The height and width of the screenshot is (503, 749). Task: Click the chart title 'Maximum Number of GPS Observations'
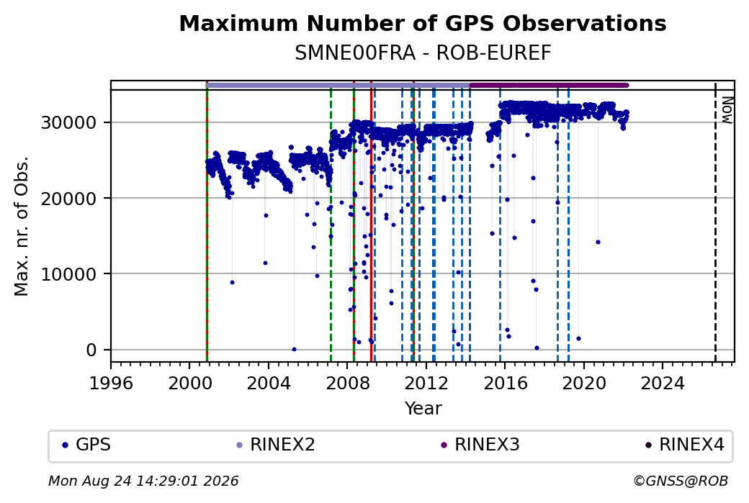click(x=423, y=23)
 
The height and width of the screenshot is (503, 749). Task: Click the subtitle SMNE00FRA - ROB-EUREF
click(x=423, y=53)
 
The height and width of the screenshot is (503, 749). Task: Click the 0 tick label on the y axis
click(x=91, y=350)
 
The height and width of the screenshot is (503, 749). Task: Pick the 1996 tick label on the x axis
click(x=111, y=384)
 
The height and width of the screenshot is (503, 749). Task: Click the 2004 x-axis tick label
click(x=269, y=384)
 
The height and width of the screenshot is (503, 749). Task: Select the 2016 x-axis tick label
click(x=506, y=384)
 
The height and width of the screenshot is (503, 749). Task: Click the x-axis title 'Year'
click(x=423, y=409)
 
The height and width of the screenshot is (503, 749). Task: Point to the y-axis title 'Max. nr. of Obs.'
click(x=22, y=226)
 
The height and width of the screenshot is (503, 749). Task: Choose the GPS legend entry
click(x=86, y=445)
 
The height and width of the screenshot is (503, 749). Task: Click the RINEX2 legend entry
click(x=276, y=445)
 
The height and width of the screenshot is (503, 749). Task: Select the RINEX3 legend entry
click(x=480, y=445)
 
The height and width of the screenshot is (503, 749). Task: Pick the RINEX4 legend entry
click(x=684, y=445)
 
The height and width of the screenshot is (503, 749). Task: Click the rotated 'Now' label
click(x=727, y=110)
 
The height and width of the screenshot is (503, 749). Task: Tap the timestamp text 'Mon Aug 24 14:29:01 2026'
click(x=143, y=481)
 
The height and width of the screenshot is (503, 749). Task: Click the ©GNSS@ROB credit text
click(x=681, y=481)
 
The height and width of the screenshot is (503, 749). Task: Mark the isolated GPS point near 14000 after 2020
click(x=598, y=243)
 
